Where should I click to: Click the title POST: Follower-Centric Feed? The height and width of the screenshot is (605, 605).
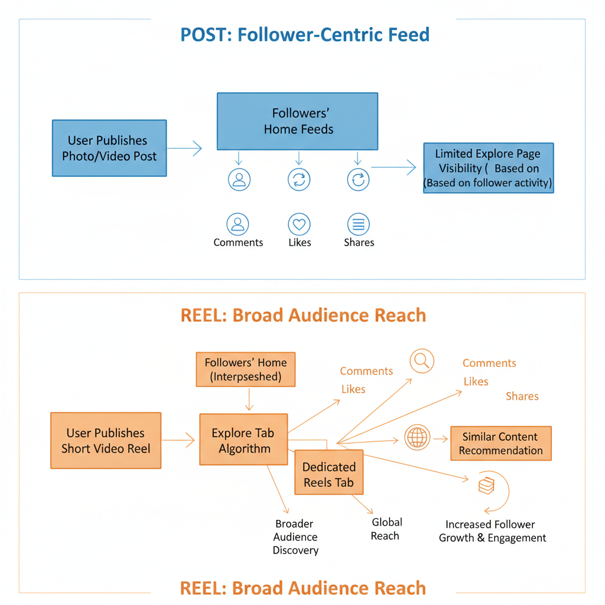[305, 34]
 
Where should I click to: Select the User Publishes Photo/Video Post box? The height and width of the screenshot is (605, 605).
[109, 148]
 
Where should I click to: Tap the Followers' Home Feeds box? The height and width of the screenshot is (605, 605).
[298, 121]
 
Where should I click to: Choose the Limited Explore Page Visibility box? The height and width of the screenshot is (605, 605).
[488, 168]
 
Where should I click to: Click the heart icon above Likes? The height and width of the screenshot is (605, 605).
[299, 225]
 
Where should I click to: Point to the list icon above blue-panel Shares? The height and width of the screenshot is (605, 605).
[358, 225]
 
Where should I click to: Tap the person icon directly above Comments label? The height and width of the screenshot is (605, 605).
[238, 225]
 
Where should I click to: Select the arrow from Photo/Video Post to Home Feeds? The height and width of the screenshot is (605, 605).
[184, 149]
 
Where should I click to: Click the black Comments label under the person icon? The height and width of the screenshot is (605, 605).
[238, 243]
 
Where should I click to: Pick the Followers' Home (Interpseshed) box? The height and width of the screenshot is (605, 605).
[245, 370]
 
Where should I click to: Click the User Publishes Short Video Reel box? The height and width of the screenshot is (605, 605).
[106, 441]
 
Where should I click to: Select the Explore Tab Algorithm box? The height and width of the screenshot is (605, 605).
[243, 441]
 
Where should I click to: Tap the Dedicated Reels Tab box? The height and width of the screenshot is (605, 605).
[328, 474]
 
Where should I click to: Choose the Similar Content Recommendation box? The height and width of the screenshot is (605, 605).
[500, 444]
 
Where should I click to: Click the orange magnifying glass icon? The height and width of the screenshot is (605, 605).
[422, 361]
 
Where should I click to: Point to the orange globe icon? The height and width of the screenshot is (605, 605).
[417, 438]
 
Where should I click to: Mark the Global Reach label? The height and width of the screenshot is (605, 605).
[386, 529]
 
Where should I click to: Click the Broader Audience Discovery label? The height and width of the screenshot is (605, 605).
[295, 537]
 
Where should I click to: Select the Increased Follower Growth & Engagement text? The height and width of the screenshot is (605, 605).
[492, 531]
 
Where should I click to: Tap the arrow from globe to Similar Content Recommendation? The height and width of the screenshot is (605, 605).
[441, 439]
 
